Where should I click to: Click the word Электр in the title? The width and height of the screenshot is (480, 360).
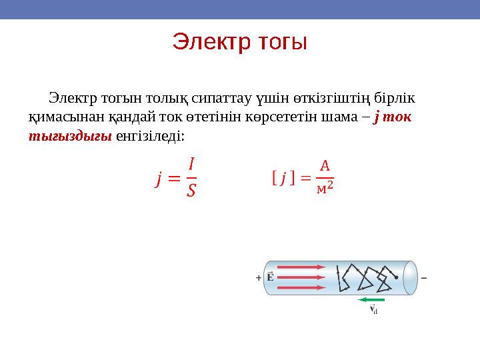pyautogui.click(x=208, y=42)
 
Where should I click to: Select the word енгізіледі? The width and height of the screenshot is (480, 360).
pyautogui.click(x=152, y=136)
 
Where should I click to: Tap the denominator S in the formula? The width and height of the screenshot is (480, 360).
pyautogui.click(x=191, y=191)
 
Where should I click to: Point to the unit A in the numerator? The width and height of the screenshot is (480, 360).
pyautogui.click(x=324, y=164)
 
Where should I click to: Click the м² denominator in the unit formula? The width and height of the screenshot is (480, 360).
pyautogui.click(x=324, y=189)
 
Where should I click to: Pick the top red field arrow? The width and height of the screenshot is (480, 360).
pyautogui.click(x=301, y=267)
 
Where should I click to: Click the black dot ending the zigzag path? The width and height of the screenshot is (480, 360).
pyautogui.click(x=397, y=277)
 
